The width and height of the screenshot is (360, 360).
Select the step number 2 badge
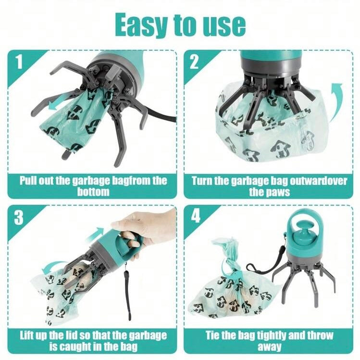coord(195,62)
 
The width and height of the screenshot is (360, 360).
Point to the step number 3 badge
coord(18,218)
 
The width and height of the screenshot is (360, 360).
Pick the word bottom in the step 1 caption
coord(93,192)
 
